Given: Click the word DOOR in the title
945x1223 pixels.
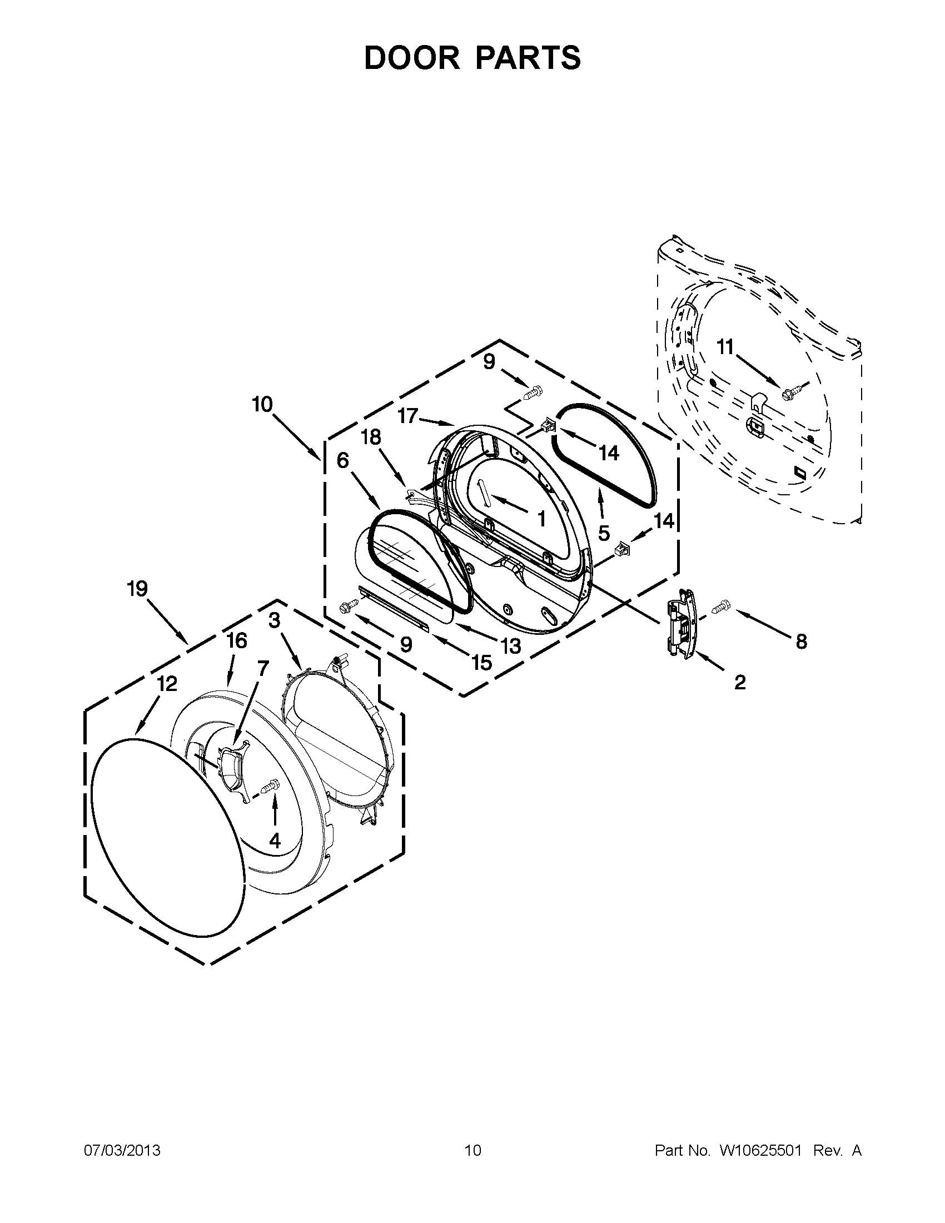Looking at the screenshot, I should (412, 58).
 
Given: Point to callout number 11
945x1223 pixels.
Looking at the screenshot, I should (725, 348).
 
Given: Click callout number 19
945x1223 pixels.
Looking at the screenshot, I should (137, 589).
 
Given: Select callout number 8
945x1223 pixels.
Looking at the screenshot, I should (801, 642).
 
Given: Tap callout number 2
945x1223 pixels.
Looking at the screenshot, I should (739, 682).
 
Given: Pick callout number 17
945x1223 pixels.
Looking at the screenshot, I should (408, 416).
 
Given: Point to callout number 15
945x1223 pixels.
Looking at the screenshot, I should (481, 663).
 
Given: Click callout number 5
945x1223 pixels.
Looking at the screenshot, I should (604, 533).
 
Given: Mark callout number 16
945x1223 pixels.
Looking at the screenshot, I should (237, 640).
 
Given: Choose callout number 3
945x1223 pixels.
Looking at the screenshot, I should (274, 620).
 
